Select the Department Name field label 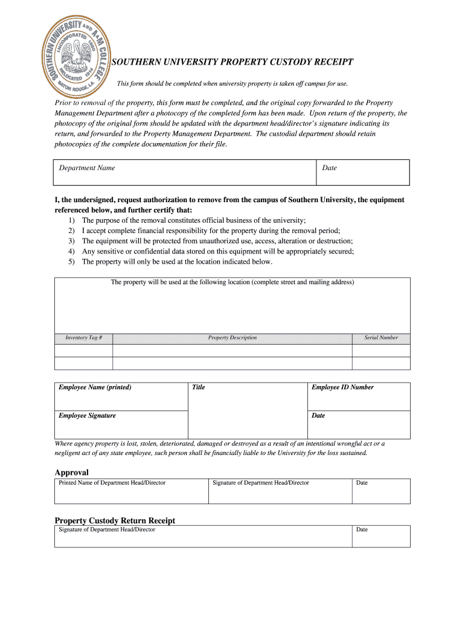click(87, 168)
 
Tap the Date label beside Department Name click(329, 168)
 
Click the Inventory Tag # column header click(84, 338)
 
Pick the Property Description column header click(232, 338)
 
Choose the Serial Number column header click(381, 338)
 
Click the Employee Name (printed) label click(95, 387)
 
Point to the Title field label click(198, 387)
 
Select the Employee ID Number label click(342, 387)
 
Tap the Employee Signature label click(87, 416)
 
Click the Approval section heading click(72, 473)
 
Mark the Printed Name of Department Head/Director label click(112, 483)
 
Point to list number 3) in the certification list click(71, 241)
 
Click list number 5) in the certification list click(71, 262)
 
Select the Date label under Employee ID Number click(318, 416)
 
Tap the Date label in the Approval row click(362, 483)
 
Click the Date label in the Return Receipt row click(362, 530)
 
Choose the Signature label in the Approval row click(261, 483)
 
